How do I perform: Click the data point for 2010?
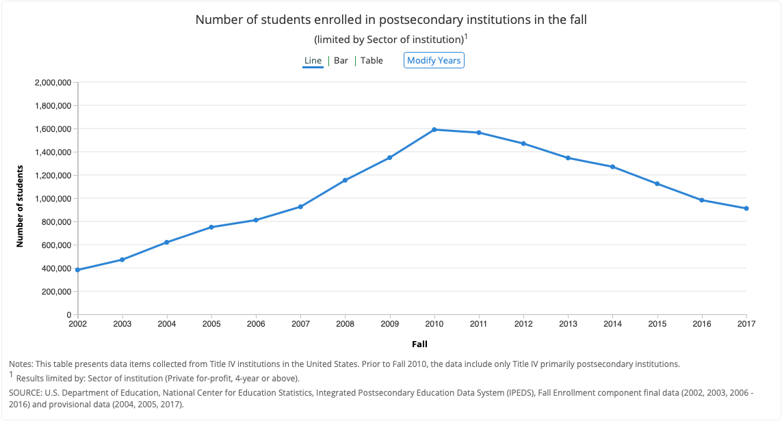pyautogui.click(x=434, y=129)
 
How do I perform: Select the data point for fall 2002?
pyautogui.click(x=78, y=270)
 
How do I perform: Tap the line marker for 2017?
pyautogui.click(x=746, y=208)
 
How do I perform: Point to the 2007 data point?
pyautogui.click(x=300, y=206)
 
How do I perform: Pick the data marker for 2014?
pyautogui.click(x=613, y=167)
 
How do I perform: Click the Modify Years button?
pyautogui.click(x=434, y=61)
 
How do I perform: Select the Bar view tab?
pyautogui.click(x=341, y=61)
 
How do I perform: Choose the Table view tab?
pyautogui.click(x=372, y=61)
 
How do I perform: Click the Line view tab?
pyautogui.click(x=313, y=61)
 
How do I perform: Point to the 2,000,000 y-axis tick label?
pyautogui.click(x=53, y=83)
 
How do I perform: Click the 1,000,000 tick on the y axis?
pyautogui.click(x=53, y=199)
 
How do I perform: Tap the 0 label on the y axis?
pyautogui.click(x=68, y=315)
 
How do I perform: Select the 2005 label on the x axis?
pyautogui.click(x=211, y=324)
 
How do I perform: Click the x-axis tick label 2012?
pyautogui.click(x=523, y=324)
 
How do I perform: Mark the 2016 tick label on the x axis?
pyautogui.click(x=702, y=324)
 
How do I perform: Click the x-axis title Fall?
pyautogui.click(x=419, y=344)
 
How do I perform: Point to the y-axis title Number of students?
pyautogui.click(x=21, y=206)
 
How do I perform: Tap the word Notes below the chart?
pyautogui.click(x=21, y=364)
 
